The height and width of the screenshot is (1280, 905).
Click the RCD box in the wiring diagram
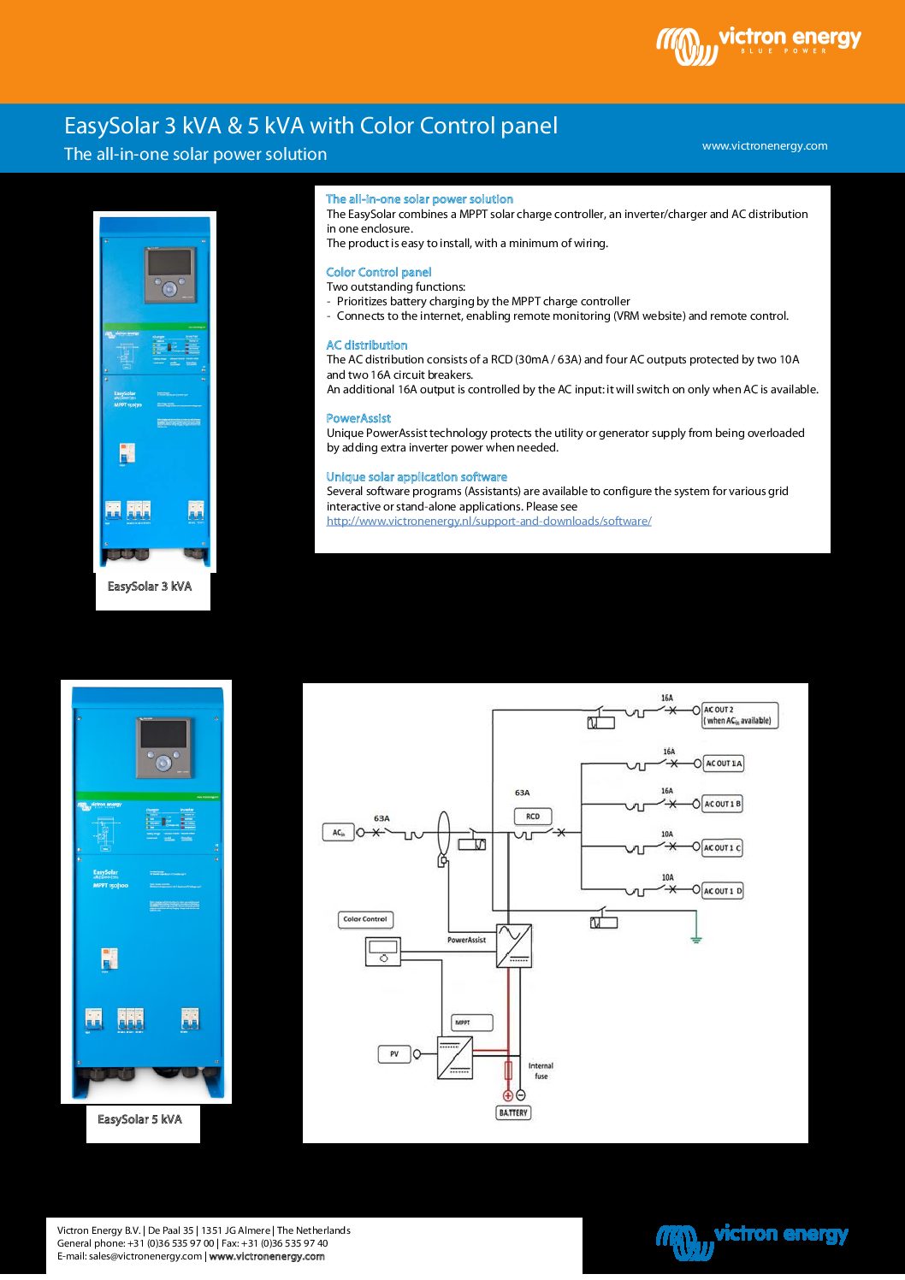click(533, 817)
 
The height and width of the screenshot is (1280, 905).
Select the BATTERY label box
click(513, 1112)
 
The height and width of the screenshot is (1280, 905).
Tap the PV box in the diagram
click(394, 1054)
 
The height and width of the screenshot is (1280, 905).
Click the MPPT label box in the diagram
click(471, 1023)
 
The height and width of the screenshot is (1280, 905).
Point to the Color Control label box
click(365, 919)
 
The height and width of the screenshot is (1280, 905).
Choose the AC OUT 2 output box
click(739, 716)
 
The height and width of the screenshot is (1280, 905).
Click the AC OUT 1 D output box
click(723, 891)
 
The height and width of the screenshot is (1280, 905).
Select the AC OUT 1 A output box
click(723, 764)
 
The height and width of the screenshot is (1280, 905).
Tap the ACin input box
click(339, 832)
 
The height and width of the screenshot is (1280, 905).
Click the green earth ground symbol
click(696, 938)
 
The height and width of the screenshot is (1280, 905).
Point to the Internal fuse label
click(541, 1071)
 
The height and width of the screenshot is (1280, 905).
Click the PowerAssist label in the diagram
click(466, 940)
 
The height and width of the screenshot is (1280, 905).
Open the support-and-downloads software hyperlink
click(488, 521)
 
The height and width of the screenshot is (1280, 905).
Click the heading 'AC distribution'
click(366, 345)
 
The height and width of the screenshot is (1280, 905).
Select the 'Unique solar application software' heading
click(417, 477)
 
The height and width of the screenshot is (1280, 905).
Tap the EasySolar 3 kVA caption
click(150, 587)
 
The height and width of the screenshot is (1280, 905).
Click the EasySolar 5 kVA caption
click(139, 1119)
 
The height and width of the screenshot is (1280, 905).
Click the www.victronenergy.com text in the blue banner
click(765, 146)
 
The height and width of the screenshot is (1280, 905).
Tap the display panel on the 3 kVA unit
click(169, 262)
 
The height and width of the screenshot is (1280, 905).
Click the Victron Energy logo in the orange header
click(759, 44)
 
